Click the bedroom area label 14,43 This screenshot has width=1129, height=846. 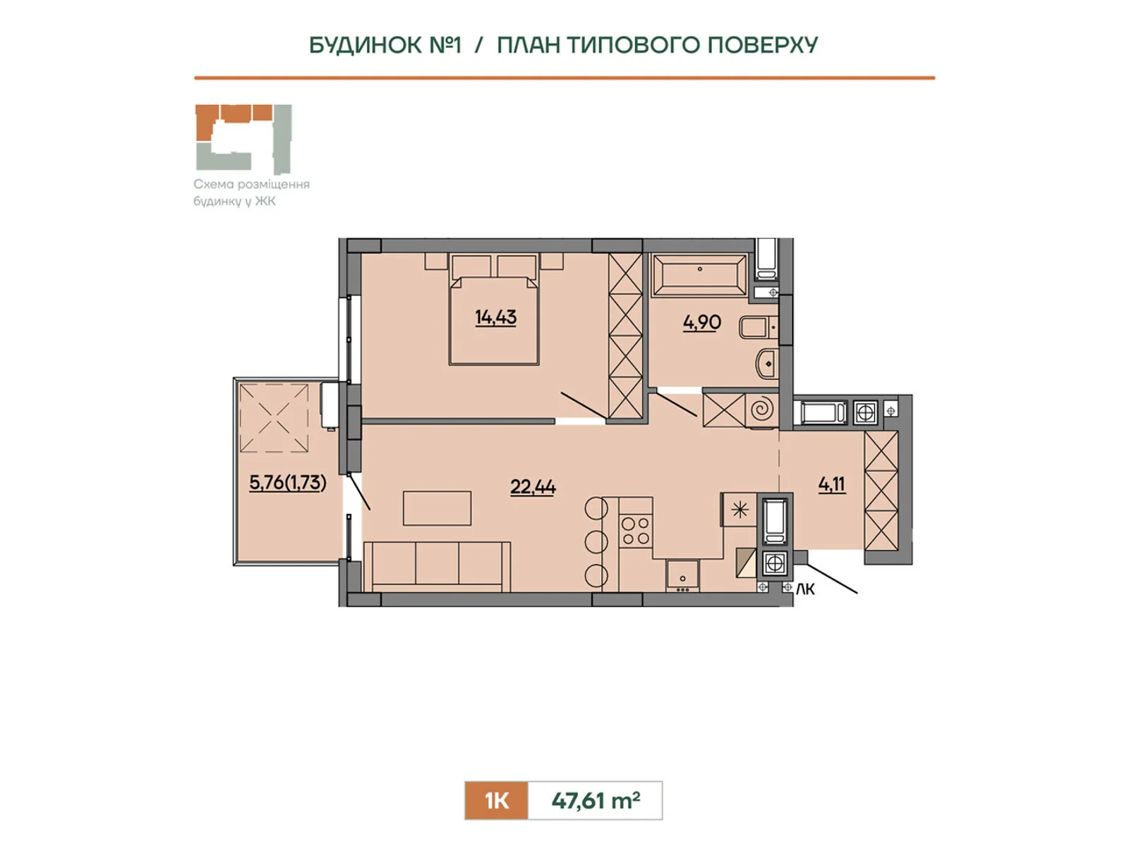495,317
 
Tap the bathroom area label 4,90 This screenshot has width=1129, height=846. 701,322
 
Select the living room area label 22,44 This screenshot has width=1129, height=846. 533,486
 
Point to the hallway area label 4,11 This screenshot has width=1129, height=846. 831,484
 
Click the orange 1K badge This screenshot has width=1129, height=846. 496,800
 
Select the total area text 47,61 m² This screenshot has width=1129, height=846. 596,800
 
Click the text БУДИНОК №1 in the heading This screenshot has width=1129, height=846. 385,45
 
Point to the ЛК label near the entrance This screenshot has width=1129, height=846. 805,589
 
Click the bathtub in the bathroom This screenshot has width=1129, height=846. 699,274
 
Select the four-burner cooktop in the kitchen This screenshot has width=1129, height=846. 635,531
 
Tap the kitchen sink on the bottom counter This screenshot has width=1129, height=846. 682,575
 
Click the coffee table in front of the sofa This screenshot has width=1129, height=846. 437,508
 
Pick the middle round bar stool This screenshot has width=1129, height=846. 596,541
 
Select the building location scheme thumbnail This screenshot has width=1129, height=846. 243,138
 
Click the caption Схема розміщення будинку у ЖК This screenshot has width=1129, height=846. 251,192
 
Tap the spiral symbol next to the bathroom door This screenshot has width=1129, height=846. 762,410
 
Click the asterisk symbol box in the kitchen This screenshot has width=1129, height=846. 739,509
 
